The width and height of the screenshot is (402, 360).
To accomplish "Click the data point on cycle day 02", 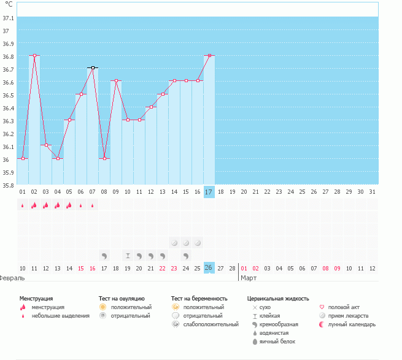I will [x=34, y=55].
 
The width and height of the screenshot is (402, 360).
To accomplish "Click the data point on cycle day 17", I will [x=209, y=55].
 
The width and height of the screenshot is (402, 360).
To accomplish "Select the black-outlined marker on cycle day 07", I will [x=93, y=67].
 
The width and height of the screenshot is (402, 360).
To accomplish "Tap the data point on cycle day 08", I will [x=104, y=158].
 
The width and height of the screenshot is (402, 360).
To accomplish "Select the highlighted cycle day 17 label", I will [x=209, y=192].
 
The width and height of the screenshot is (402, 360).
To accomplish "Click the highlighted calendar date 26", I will [x=209, y=268].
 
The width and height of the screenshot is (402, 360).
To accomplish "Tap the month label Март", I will [x=249, y=278].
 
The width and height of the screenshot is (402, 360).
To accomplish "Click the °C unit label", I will [x=9, y=4].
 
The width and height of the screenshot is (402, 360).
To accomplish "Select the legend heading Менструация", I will [x=36, y=298].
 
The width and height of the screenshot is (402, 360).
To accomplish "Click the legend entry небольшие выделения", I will [x=60, y=316].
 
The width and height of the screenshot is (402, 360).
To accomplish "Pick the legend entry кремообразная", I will [x=279, y=324].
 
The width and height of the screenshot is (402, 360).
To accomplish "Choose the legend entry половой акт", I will [x=344, y=307].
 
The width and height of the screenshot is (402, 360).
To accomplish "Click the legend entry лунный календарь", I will [x=352, y=324].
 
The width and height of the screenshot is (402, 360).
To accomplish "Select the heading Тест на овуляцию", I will [x=122, y=298].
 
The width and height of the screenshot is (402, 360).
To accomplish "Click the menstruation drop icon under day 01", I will [x=23, y=205].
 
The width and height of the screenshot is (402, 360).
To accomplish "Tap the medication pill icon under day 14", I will [x=174, y=242].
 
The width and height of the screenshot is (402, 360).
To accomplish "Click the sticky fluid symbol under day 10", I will [x=128, y=255].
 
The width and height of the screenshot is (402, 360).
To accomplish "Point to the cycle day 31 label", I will [x=373, y=192].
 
